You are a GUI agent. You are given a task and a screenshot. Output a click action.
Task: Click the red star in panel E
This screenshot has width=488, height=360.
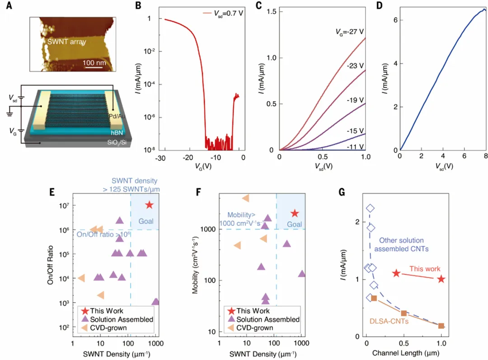click(149, 205)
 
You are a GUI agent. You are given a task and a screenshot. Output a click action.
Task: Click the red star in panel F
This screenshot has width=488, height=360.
click(295, 213)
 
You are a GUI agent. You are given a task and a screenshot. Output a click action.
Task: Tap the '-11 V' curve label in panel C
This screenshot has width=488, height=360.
click(355, 147)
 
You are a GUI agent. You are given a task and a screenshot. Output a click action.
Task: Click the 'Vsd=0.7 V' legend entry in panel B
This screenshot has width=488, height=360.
click(225, 13)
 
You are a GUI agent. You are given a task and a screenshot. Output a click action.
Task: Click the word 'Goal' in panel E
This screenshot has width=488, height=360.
click(146, 221)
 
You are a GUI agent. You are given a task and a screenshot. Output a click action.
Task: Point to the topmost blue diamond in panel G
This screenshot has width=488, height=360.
click(370, 208)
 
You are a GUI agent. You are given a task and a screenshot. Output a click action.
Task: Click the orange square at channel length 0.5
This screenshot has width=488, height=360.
click(404, 313)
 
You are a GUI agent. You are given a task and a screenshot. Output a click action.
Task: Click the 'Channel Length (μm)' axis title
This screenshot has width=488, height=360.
click(405, 352)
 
